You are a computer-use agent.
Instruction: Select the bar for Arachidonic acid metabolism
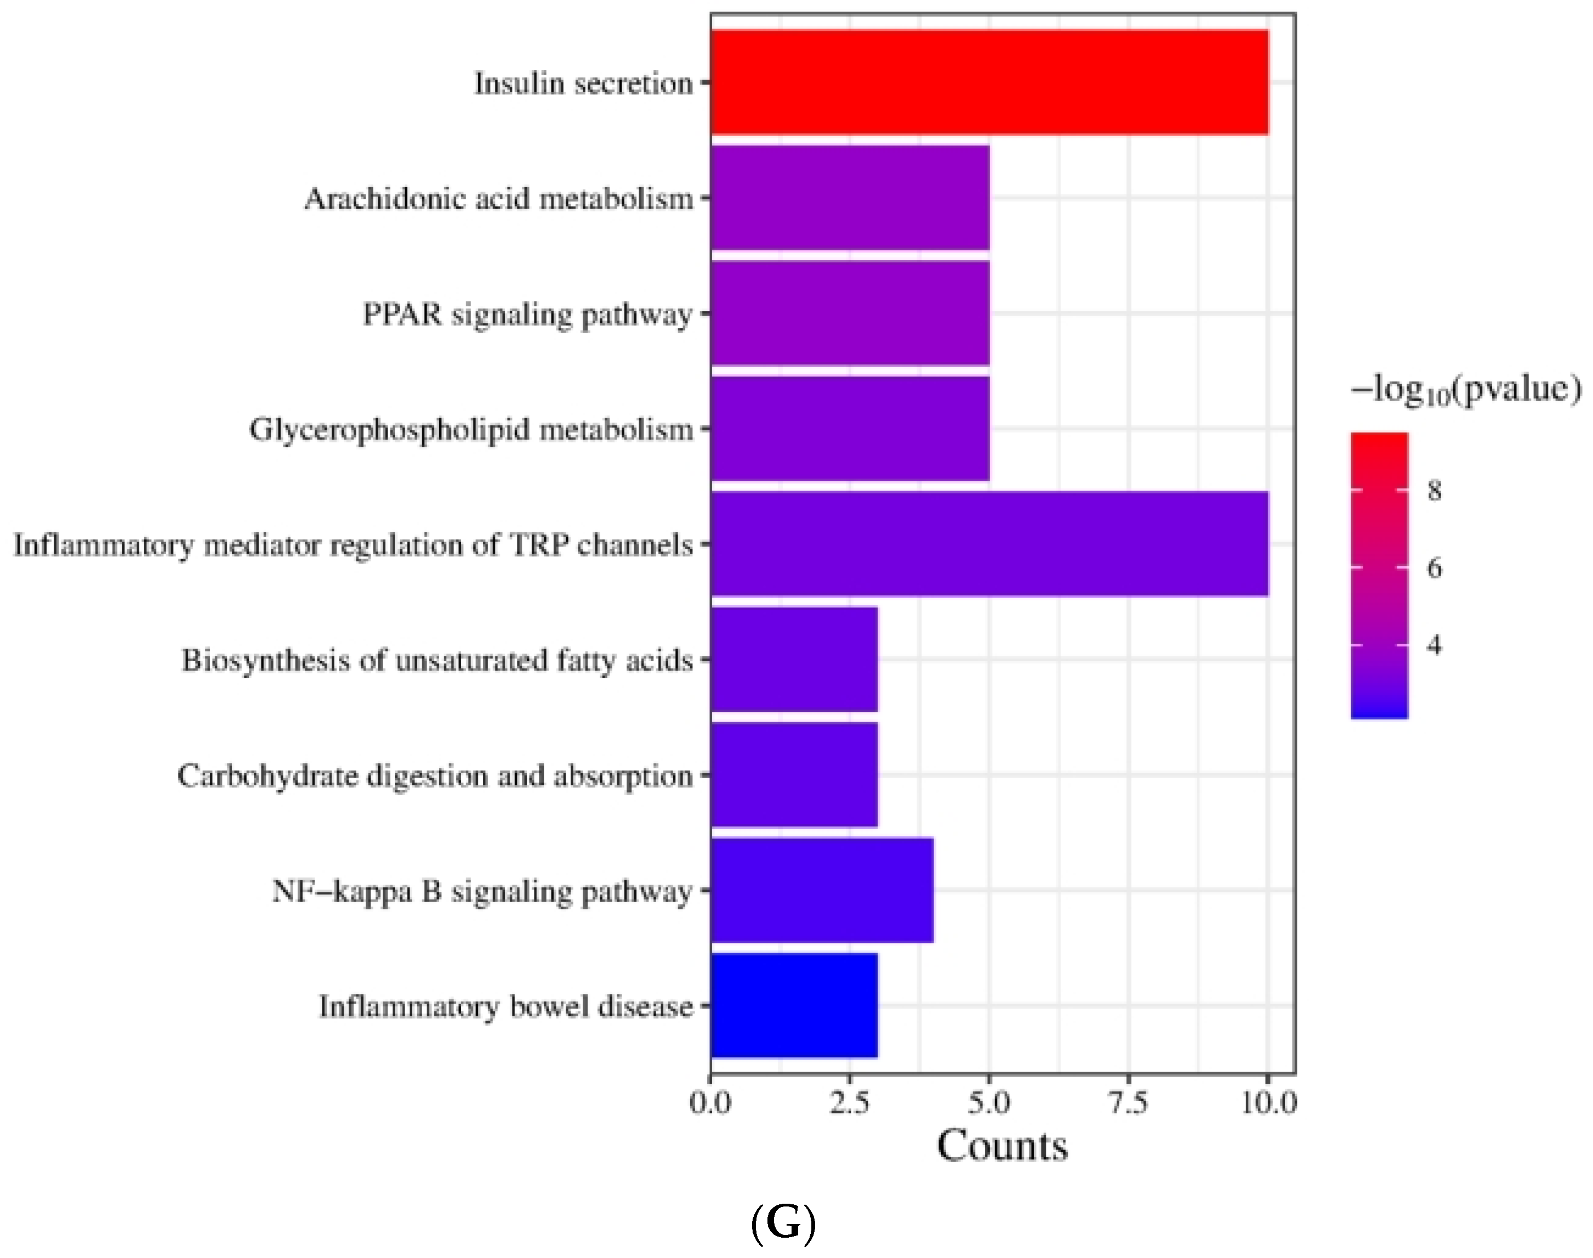pos(849,198)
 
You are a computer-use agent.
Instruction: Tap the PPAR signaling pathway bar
pos(849,314)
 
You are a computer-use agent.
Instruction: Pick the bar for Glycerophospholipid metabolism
pos(849,429)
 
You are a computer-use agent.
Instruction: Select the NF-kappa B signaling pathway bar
pos(822,891)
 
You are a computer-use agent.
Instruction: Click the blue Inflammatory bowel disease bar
pos(794,1006)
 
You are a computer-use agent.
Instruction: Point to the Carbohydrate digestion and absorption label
pos(435,776)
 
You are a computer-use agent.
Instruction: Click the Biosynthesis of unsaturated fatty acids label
pos(437,661)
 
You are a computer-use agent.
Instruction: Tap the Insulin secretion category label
pos(583,83)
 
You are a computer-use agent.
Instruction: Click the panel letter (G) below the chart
pos(783,1223)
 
